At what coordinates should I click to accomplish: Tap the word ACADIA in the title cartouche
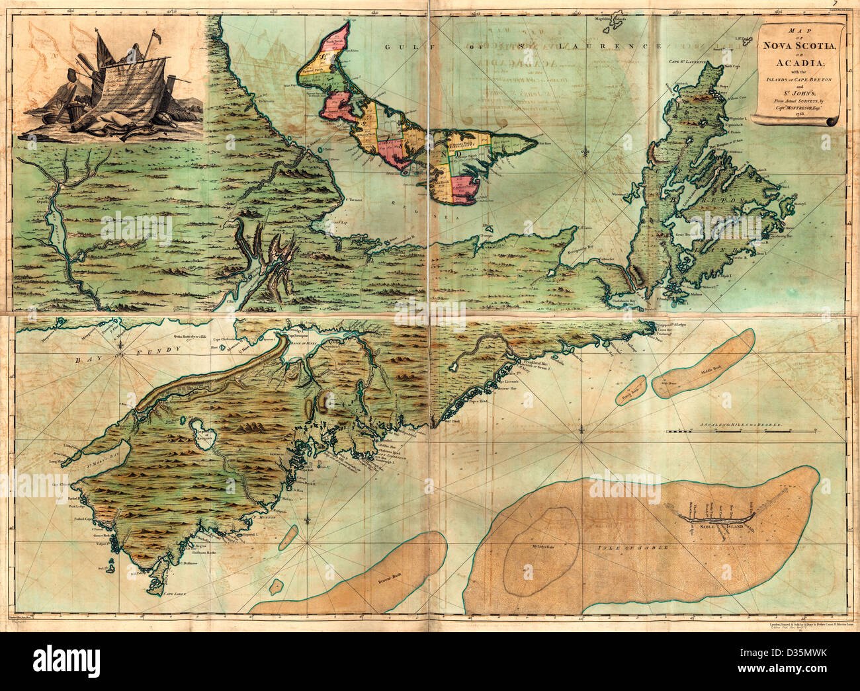click(799, 65)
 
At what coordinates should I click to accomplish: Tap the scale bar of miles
click(728, 431)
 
